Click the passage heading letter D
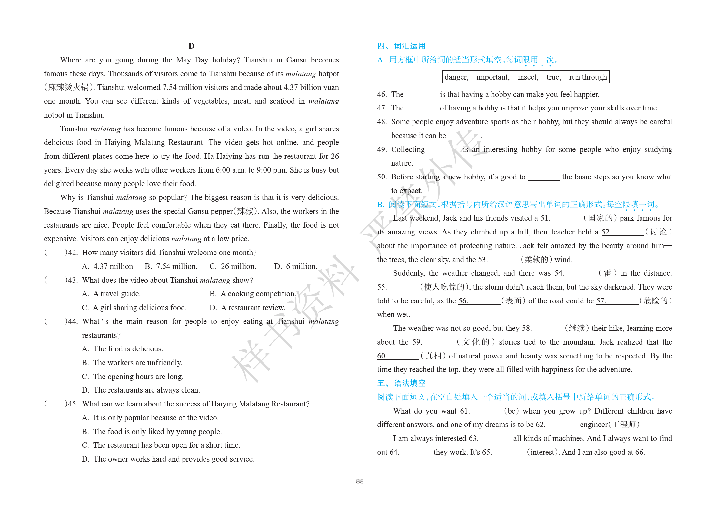(x=191, y=46)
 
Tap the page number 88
(x=360, y=481)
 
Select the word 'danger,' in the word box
(x=456, y=77)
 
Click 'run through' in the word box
(x=588, y=77)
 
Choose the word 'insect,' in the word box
(x=528, y=77)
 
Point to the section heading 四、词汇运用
(x=401, y=46)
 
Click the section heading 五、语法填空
(x=401, y=383)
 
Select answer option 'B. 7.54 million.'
(x=171, y=267)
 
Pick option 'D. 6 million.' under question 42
(x=295, y=267)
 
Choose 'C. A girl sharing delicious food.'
(x=134, y=308)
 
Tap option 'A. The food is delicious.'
(x=123, y=349)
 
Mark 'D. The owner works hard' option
(x=168, y=459)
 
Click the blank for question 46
(x=421, y=95)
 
